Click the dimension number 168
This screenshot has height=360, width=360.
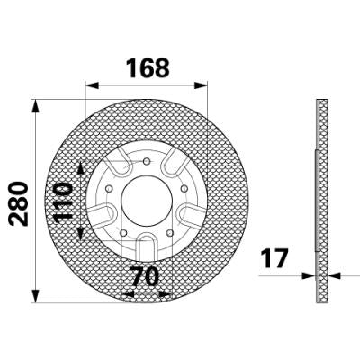point(148,68)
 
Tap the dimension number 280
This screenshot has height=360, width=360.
point(19,203)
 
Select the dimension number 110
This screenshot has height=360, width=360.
point(64,202)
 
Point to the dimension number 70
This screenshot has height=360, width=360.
point(145,276)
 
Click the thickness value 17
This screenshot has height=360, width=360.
point(274,258)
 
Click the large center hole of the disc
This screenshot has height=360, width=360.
point(147,201)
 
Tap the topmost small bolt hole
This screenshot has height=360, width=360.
point(147,161)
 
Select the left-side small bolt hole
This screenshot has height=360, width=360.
point(109,189)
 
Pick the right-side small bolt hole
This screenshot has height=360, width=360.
point(184,189)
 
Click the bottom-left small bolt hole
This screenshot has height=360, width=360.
point(123,233)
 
